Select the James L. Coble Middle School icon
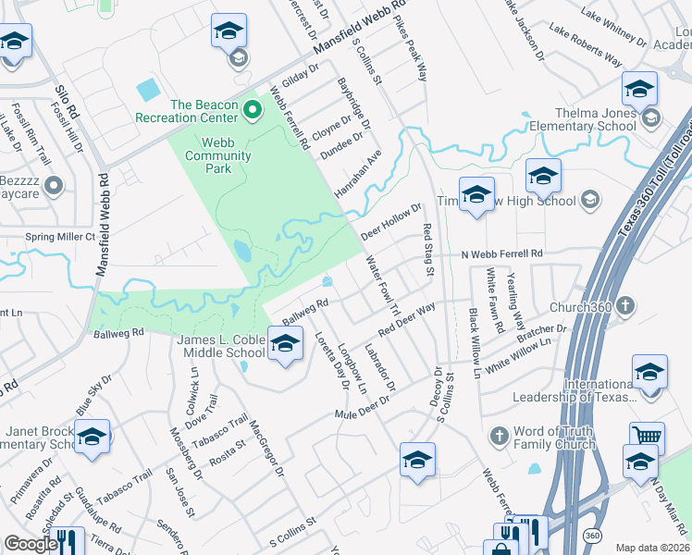coord(285,343)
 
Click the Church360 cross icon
coord(625,306)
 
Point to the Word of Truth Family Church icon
coord(499,435)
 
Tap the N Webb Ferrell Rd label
coord(501,253)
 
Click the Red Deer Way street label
coord(406,320)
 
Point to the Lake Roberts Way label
coord(585,44)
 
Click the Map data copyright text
coord(651,548)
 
